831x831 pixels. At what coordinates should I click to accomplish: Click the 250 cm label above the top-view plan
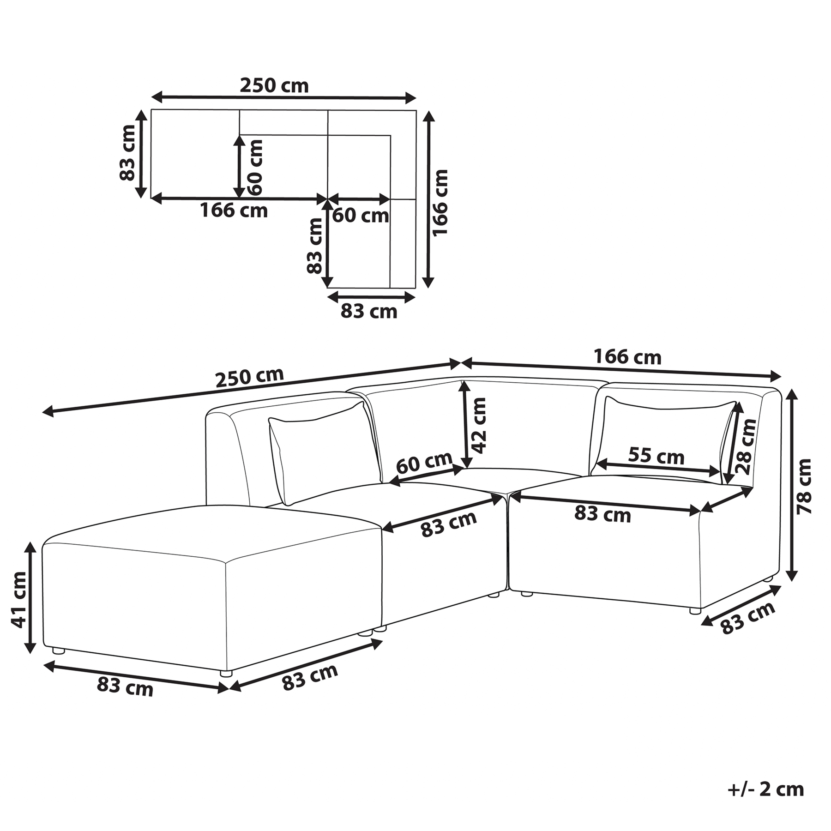coord(274,85)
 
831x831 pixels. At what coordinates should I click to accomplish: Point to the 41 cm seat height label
coord(19,600)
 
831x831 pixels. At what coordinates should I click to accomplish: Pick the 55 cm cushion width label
coord(656,456)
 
